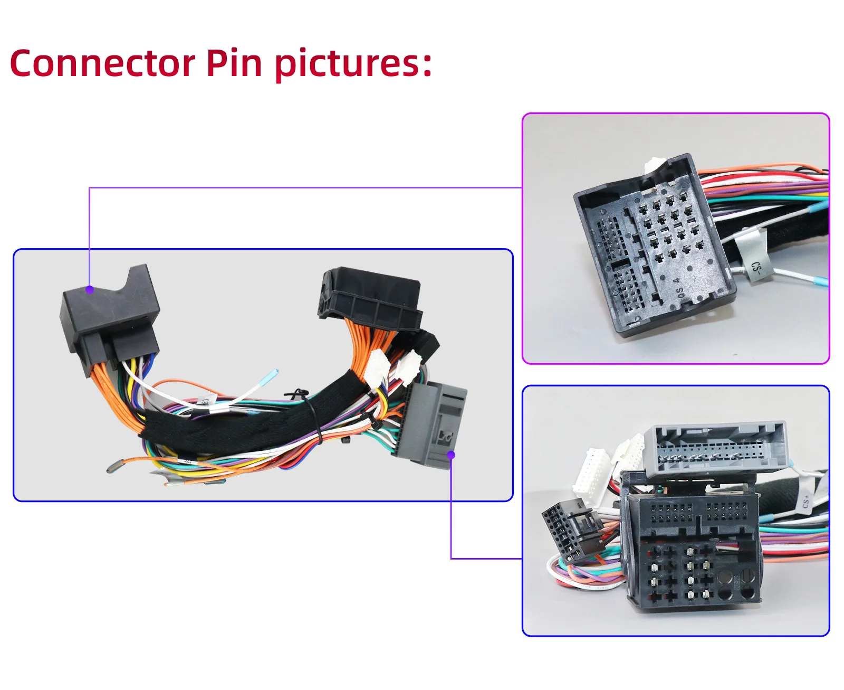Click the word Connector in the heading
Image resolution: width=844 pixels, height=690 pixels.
coord(102,63)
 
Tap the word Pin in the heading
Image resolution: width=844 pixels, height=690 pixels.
coord(234,63)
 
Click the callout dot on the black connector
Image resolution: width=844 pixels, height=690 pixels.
coord(90,289)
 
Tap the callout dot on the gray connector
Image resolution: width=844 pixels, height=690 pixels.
coord(451,455)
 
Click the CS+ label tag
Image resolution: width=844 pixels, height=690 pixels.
coord(806,501)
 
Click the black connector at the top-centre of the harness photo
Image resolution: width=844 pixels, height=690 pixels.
coord(369,296)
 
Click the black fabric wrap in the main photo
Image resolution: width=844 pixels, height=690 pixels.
coord(237,428)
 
